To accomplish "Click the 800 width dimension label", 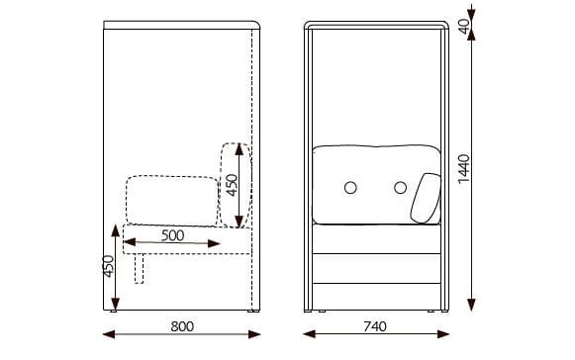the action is (x=182, y=326).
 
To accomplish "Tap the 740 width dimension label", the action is (x=375, y=326).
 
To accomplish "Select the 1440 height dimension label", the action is (x=464, y=168).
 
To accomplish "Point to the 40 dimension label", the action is (x=464, y=26).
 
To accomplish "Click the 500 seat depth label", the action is (x=173, y=235).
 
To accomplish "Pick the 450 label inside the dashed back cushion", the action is (x=232, y=185).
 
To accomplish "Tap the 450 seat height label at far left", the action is (x=108, y=266).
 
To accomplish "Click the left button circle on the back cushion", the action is (x=350, y=188).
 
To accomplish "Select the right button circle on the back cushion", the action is (x=401, y=188).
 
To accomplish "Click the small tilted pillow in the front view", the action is (x=426, y=198).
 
